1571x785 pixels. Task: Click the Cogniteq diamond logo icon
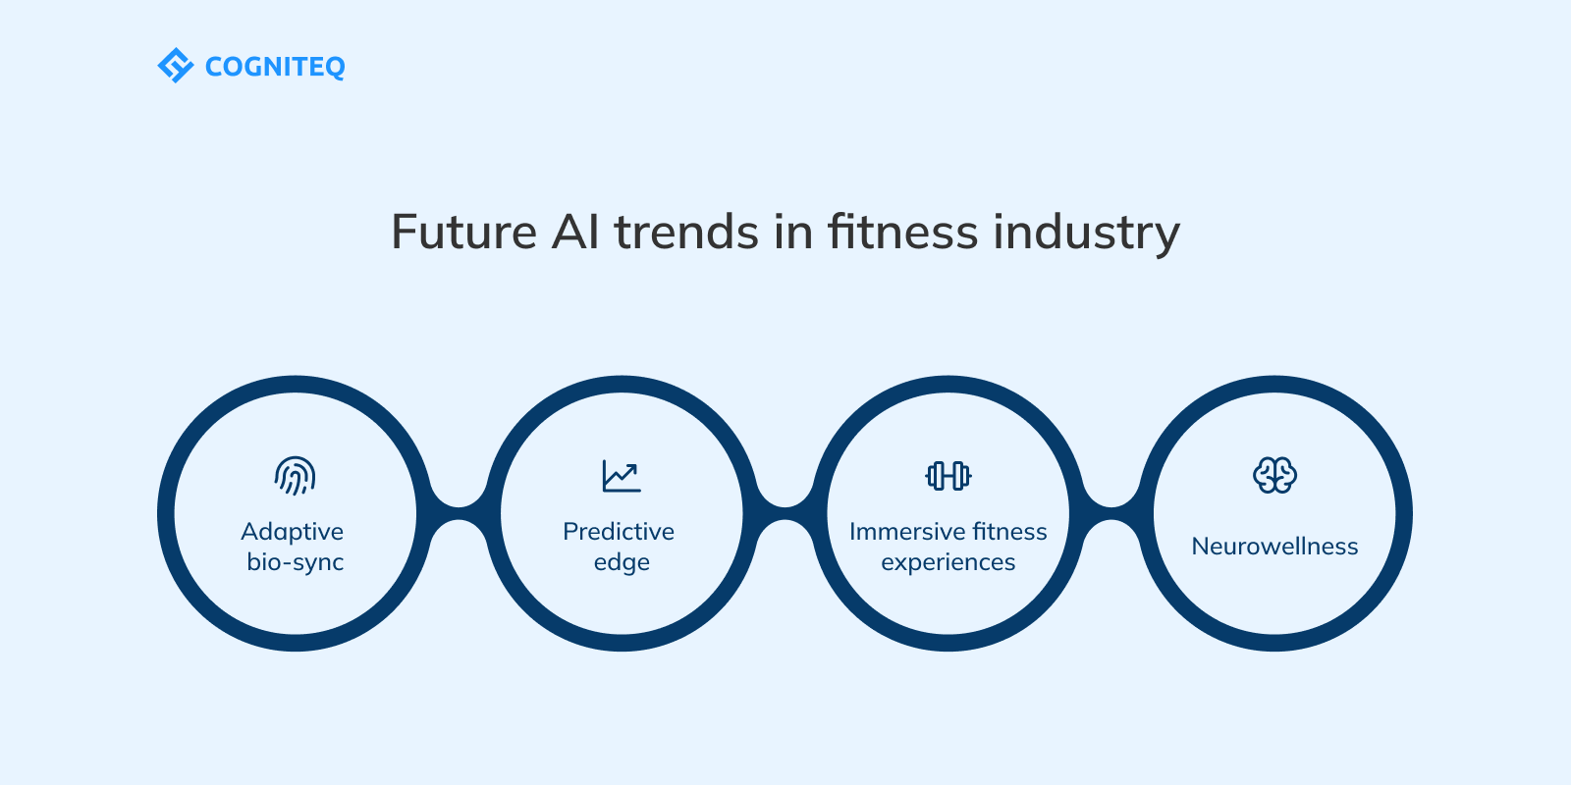[176, 65]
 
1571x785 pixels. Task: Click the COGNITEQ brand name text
[275, 68]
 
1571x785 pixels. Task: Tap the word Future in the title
[463, 232]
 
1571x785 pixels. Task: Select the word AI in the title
[575, 232]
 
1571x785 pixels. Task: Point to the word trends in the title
[686, 232]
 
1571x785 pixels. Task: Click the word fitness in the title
[902, 232]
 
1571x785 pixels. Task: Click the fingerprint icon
[296, 476]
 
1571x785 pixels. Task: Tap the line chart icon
[622, 476]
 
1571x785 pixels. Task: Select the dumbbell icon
[948, 476]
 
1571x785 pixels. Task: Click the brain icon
[1274, 475]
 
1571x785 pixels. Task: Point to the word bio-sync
[296, 563]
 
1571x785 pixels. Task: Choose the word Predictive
[619, 531]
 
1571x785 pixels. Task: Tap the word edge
[622, 563]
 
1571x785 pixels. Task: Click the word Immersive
[903, 531]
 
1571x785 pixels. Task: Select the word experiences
[948, 563]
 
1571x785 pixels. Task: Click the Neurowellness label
[1274, 546]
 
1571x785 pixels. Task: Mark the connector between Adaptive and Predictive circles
[459, 513]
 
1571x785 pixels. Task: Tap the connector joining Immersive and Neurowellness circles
[1111, 513]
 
